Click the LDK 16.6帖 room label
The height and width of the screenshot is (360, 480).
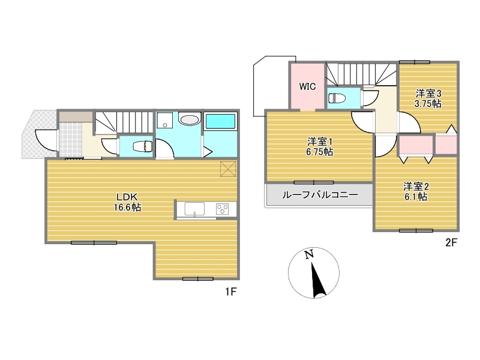coord(127,202)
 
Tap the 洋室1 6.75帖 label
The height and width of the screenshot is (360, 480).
coord(320,146)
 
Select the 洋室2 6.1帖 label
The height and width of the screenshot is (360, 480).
coord(416,191)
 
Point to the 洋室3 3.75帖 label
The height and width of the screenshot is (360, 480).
coord(428,98)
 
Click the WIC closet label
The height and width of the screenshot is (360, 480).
coord(307,86)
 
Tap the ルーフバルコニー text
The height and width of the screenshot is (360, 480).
coord(320,194)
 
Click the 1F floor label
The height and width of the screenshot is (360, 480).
coord(231,292)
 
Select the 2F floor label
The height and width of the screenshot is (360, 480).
coord(451,242)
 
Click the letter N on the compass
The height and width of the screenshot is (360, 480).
coord(309,254)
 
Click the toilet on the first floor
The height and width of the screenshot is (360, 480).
coord(143,146)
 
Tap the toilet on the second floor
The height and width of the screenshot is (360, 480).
coord(337,98)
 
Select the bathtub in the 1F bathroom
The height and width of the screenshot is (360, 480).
coord(220,122)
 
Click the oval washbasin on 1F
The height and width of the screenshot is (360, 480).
coord(190,120)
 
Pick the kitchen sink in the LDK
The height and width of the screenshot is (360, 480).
coord(194,209)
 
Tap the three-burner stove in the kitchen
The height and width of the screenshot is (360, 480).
coord(222,209)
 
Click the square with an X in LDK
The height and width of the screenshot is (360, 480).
coord(228,169)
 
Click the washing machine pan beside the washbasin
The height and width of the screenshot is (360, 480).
coord(164,121)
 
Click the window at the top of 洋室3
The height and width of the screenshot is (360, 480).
coord(415,62)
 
